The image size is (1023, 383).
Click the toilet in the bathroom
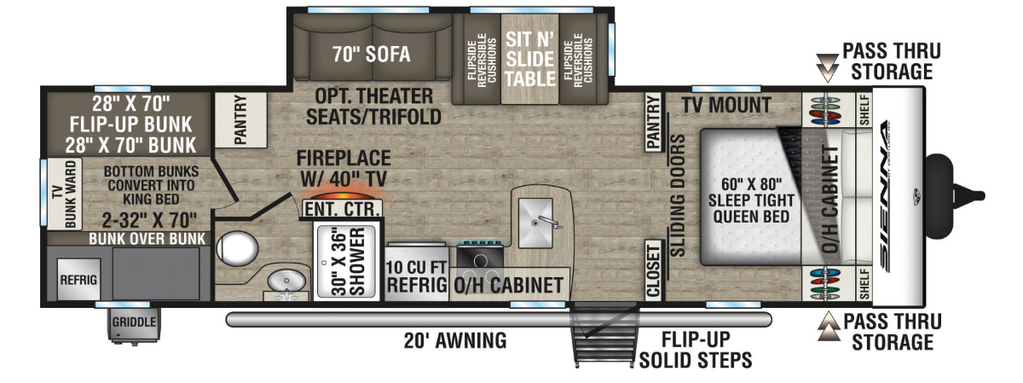pyautogui.click(x=237, y=248)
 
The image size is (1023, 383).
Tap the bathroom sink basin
pyautogui.click(x=286, y=281)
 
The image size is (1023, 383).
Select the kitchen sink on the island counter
pyautogui.click(x=535, y=223)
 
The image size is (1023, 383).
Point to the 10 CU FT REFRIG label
pyautogui.click(x=417, y=276)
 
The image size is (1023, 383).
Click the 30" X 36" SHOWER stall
pyautogui.click(x=347, y=261)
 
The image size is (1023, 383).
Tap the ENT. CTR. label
pyautogui.click(x=342, y=209)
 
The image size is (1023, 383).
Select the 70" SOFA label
pyautogui.click(x=372, y=55)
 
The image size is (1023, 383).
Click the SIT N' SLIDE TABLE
pyautogui.click(x=529, y=59)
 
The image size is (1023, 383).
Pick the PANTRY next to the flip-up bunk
pyautogui.click(x=240, y=119)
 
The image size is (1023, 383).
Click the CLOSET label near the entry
pyautogui.click(x=654, y=270)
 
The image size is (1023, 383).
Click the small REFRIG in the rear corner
pyautogui.click(x=78, y=279)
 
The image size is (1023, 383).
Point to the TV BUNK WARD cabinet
pyautogui.click(x=64, y=194)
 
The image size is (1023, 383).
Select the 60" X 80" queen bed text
pyautogui.click(x=751, y=200)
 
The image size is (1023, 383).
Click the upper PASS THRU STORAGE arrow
pyautogui.click(x=828, y=67)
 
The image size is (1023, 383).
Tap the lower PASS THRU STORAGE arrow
pyautogui.click(x=829, y=327)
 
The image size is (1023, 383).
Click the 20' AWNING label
pyautogui.click(x=455, y=341)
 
